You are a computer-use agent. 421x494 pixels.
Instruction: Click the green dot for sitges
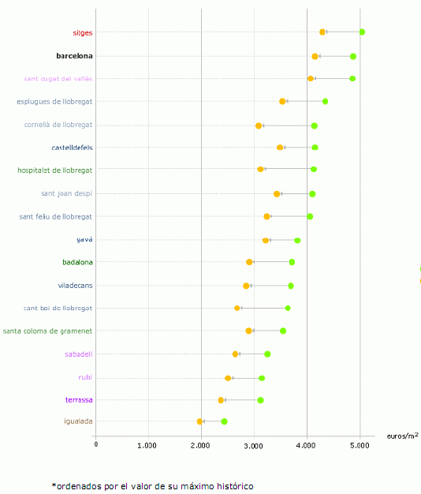pyautogui.click(x=362, y=32)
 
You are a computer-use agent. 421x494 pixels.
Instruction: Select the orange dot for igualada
pyautogui.click(x=199, y=421)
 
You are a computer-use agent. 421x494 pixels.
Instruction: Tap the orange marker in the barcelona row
pyautogui.click(x=315, y=56)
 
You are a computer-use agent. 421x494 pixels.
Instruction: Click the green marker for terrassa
pyautogui.click(x=260, y=400)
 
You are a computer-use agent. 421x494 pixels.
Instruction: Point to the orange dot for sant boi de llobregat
pyautogui.click(x=237, y=308)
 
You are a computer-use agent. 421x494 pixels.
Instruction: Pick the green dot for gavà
pyautogui.click(x=297, y=240)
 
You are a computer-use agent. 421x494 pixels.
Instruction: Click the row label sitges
pyautogui.click(x=82, y=33)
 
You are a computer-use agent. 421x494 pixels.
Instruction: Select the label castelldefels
pyautogui.click(x=72, y=148)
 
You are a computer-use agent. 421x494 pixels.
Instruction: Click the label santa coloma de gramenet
pyautogui.click(x=48, y=331)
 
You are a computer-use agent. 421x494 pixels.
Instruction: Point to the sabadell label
pyautogui.click(x=79, y=354)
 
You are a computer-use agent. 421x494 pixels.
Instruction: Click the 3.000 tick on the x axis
pyautogui.click(x=254, y=445)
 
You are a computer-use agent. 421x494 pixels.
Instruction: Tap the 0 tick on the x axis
pyautogui.click(x=96, y=445)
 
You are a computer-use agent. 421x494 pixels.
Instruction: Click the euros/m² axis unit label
pyautogui.click(x=402, y=436)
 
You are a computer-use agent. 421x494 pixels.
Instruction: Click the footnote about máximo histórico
pyautogui.click(x=152, y=485)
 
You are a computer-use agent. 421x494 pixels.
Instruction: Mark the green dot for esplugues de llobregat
pyautogui.click(x=325, y=101)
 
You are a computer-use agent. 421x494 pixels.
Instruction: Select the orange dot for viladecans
pyautogui.click(x=246, y=286)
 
